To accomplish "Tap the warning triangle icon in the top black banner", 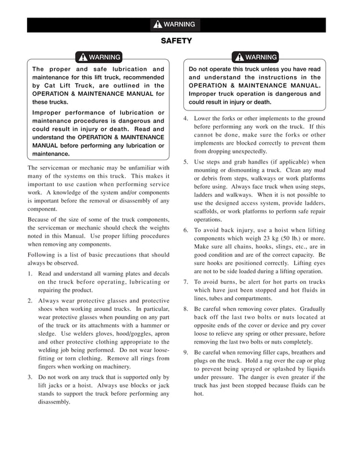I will [x=157, y=25].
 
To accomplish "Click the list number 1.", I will [x=30, y=273].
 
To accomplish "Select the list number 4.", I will [x=186, y=118].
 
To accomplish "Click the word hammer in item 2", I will [x=149, y=325].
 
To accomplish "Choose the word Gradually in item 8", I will [x=313, y=309].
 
